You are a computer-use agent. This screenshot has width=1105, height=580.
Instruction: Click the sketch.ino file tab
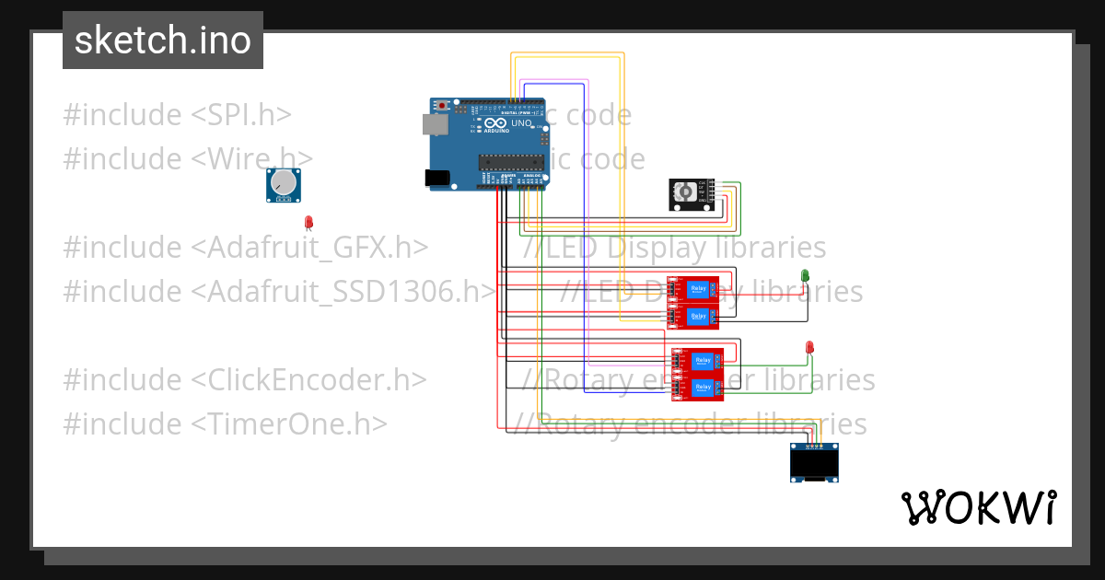162,41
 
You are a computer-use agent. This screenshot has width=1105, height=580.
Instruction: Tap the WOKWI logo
978,507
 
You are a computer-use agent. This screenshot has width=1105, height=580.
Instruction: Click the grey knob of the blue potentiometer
285,184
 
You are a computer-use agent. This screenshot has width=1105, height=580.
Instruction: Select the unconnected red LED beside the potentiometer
309,222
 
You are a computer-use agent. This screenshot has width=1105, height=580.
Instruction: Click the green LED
805,275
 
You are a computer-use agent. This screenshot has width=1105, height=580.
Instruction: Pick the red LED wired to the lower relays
809,347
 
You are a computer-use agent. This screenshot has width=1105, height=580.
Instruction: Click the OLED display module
815,462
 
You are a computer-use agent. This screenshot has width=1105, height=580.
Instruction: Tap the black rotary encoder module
692,194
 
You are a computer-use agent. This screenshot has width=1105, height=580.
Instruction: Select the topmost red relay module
695,290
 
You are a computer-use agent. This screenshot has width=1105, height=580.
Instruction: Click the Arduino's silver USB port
432,123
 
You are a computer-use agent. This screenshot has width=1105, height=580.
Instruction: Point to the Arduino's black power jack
436,178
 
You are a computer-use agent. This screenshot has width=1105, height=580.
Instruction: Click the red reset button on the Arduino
443,106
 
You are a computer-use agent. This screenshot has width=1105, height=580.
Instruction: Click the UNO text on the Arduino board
521,123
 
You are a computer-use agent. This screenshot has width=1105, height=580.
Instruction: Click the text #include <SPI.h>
177,115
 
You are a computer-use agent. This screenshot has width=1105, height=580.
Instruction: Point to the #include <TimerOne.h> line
225,424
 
